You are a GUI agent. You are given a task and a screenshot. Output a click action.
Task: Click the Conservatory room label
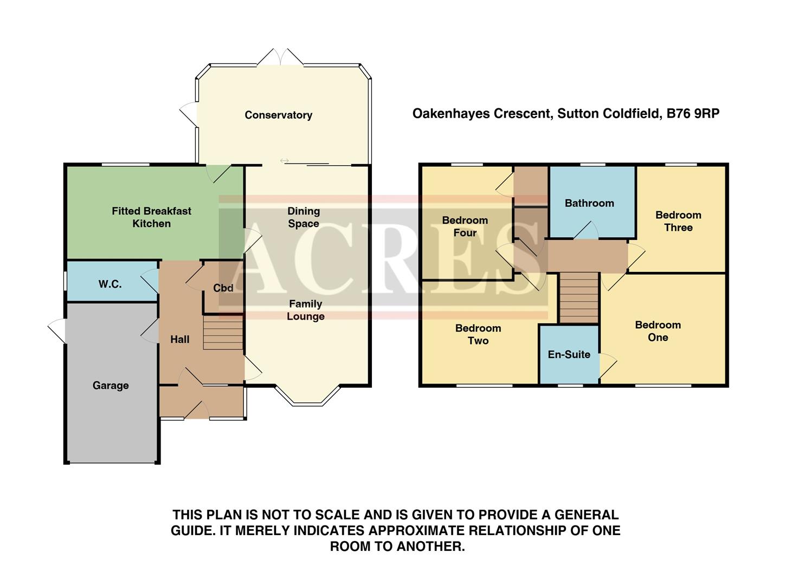pos(278,115)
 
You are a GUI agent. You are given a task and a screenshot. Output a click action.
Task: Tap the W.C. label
pos(110,284)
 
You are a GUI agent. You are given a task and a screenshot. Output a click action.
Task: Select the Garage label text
pos(111,386)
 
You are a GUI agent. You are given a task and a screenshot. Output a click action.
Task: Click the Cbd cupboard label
pos(223,288)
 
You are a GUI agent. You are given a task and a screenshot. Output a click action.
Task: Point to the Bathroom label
pos(589,203)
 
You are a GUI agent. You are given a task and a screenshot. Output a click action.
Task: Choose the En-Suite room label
pos(569,354)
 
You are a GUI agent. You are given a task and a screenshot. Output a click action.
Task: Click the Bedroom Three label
pos(678,221)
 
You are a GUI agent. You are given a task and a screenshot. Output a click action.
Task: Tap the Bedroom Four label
pos(465,226)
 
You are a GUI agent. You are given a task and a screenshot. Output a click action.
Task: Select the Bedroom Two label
pos(478,334)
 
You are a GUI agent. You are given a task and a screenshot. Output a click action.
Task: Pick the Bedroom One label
pos(658,331)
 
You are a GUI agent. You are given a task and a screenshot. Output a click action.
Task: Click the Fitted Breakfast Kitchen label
pos(151,217)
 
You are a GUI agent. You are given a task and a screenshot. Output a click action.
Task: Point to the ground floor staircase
pos(223,333)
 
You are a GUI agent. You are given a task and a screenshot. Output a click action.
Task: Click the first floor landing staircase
pos(578,297)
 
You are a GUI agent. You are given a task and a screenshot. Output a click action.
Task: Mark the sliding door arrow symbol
pos(284,160)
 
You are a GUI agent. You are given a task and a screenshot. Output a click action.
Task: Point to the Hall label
pos(179,340)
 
